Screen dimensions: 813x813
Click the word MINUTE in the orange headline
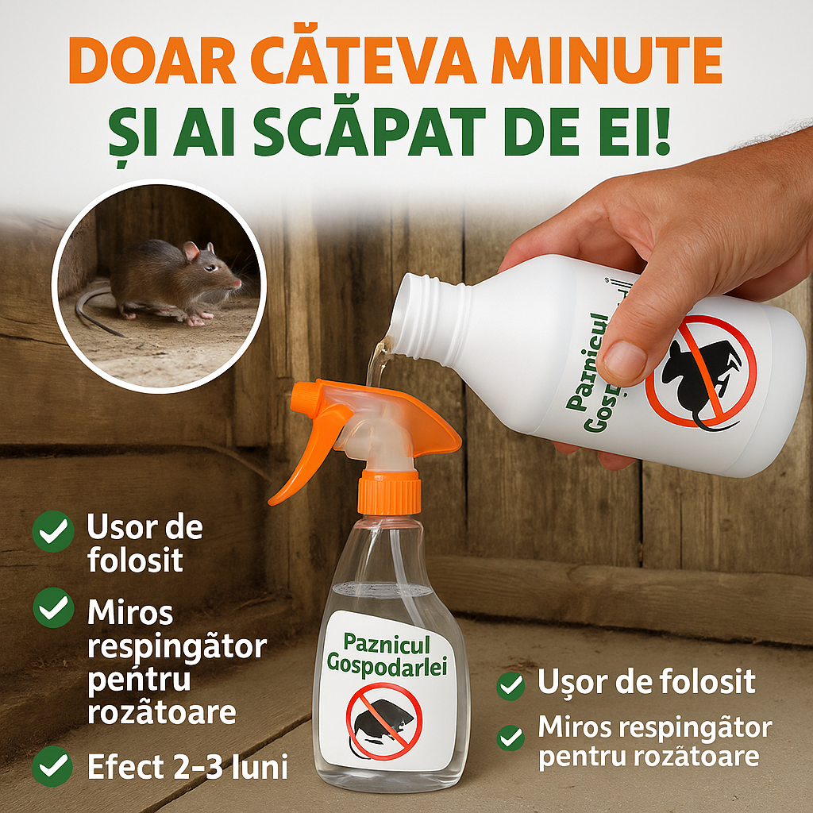(x=606, y=60)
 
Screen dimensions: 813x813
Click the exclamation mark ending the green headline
(x=662, y=132)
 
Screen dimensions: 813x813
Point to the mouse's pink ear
(x=191, y=250)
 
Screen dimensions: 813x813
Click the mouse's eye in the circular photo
(x=210, y=268)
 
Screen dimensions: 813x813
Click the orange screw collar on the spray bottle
(x=389, y=492)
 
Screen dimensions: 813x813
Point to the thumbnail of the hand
(x=624, y=360)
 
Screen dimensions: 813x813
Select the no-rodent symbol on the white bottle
(x=701, y=372)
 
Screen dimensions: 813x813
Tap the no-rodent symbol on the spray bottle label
(x=384, y=721)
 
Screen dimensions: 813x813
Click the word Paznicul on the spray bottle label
(x=387, y=645)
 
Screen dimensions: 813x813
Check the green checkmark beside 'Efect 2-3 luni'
(x=53, y=766)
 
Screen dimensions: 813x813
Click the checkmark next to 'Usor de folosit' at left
(x=53, y=531)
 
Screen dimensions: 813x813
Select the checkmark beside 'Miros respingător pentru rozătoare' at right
(x=511, y=738)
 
